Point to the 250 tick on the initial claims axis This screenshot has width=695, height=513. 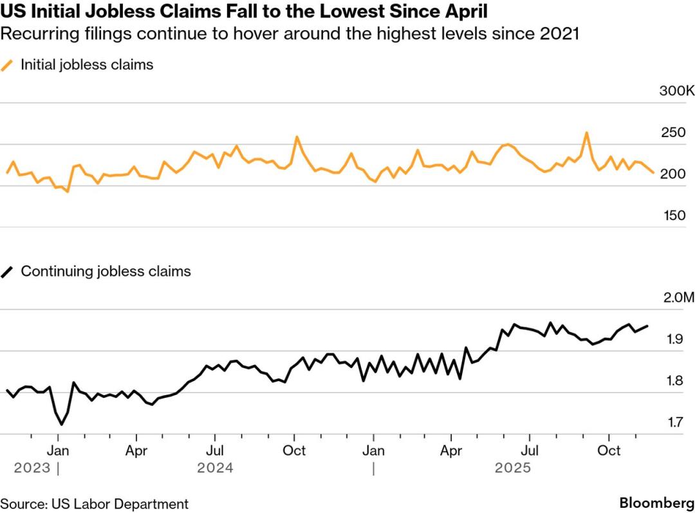pos(674,133)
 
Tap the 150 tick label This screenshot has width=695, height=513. pos(674,216)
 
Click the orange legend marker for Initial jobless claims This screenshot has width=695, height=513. pos(8,65)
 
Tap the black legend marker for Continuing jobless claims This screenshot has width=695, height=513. pos(8,272)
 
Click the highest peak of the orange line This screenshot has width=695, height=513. pos(586,133)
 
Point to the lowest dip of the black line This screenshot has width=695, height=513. pos(62,424)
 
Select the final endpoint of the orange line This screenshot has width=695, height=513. pos(653,172)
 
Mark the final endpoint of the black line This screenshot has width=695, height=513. pos(647,326)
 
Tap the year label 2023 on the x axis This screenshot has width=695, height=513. pos(32,468)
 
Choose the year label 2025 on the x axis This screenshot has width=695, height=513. pos(513,468)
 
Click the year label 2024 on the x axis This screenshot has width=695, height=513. pos(216,468)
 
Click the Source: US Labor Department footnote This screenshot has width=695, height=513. pos(95,504)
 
